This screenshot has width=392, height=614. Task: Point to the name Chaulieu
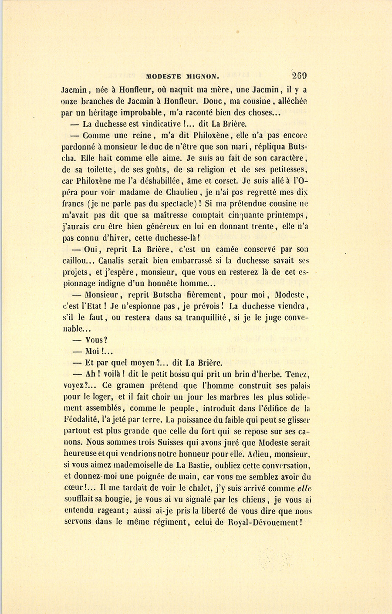click(178, 192)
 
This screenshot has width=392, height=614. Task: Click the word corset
click(226, 181)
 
